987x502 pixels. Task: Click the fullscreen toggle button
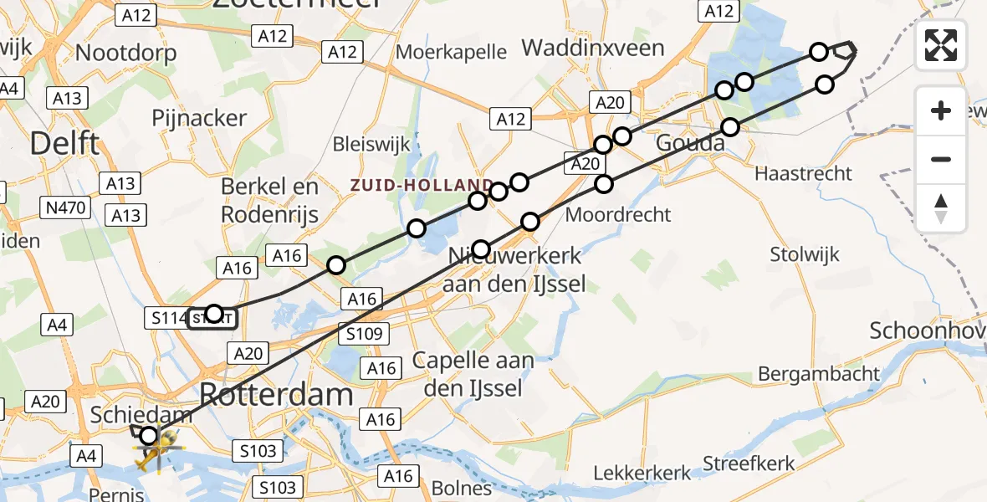tap(941, 45)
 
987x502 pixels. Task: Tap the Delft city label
tap(64, 144)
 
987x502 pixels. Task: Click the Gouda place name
tap(690, 144)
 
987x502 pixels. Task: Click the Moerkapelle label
tap(452, 52)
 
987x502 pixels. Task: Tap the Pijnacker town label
tap(199, 118)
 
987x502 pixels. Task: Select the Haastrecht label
tap(803, 174)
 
